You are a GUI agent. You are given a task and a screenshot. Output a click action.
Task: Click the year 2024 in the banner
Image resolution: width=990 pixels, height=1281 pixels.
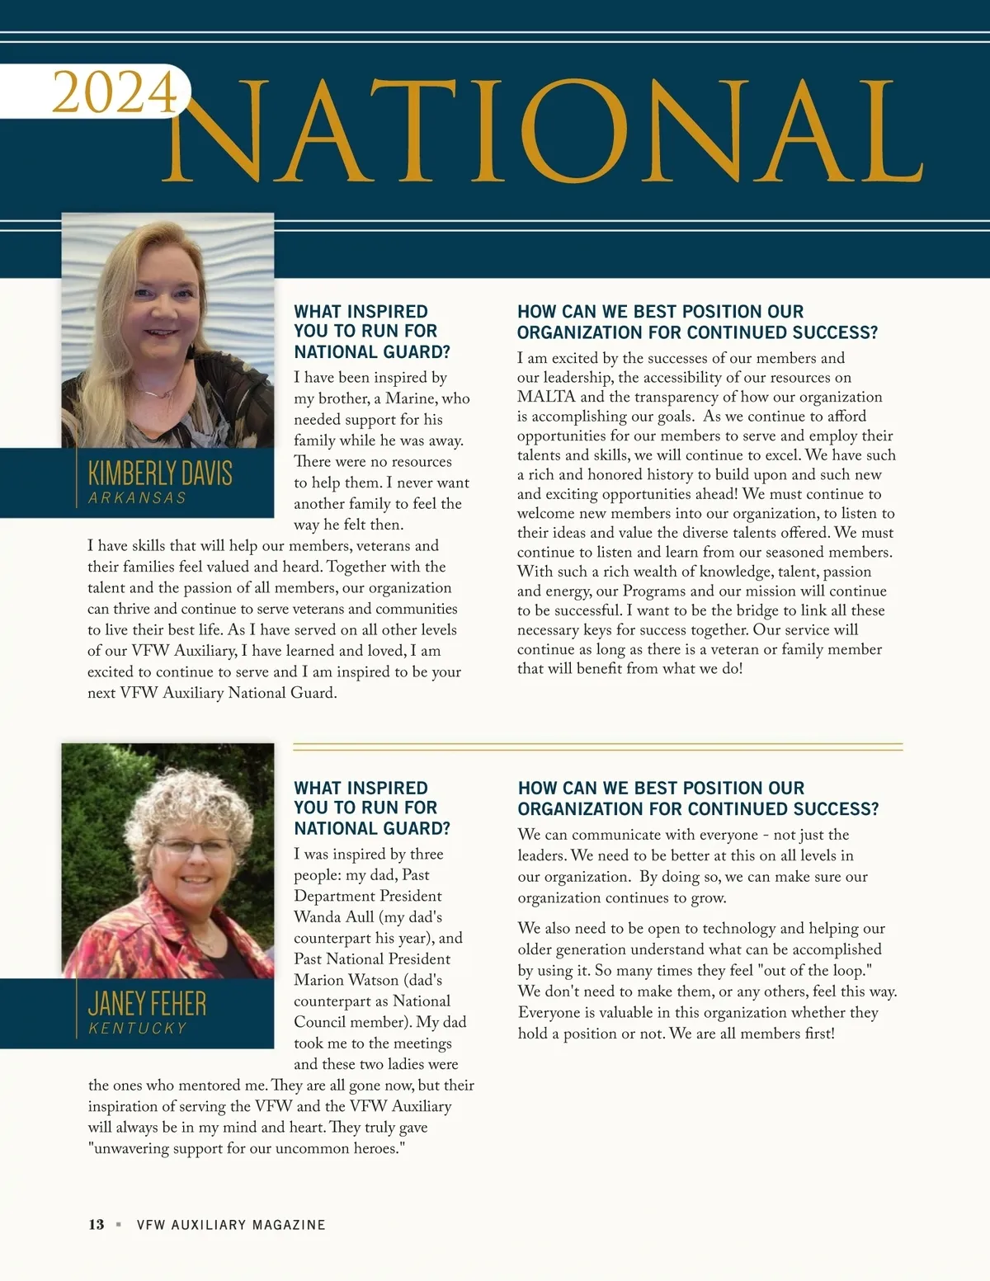click(115, 92)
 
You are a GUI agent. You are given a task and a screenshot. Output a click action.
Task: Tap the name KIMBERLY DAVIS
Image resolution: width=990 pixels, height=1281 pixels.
click(160, 473)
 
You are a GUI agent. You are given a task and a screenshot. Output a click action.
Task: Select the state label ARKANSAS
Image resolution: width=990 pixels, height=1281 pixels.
click(137, 498)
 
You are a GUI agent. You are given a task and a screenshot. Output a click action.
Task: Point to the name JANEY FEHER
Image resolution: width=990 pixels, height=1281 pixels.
click(147, 1004)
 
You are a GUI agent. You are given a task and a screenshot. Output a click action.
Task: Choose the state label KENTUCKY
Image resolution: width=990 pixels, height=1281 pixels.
click(138, 1029)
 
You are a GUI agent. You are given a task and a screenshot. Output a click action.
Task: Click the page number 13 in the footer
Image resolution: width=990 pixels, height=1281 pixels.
click(97, 1225)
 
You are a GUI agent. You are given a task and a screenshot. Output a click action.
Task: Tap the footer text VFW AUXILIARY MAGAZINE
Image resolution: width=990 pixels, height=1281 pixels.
click(231, 1225)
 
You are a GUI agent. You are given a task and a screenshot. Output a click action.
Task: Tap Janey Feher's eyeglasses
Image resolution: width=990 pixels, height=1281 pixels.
click(194, 846)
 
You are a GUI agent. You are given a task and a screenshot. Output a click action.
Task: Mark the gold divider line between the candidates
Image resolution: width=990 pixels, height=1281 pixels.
click(597, 747)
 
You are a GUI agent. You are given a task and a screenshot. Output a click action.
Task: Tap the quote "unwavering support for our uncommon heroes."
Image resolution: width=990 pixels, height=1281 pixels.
click(247, 1149)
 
